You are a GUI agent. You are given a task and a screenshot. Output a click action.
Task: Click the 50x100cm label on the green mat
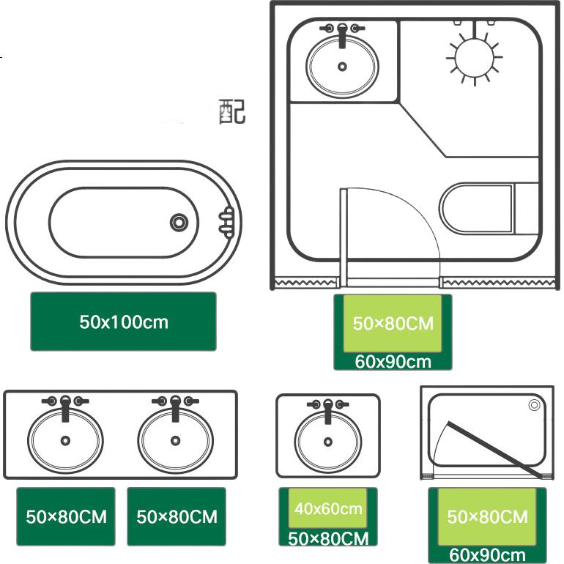tap(124, 322)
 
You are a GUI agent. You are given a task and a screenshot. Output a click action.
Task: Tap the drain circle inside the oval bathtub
tap(179, 222)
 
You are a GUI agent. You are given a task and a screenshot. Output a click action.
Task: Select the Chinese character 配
tap(232, 111)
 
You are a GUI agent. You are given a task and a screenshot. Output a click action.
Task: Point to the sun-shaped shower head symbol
tap(475, 58)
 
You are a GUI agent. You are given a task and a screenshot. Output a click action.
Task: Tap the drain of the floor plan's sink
tap(343, 67)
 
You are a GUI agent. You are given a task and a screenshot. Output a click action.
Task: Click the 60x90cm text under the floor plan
tap(393, 362)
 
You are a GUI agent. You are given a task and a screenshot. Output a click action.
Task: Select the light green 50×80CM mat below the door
tap(393, 323)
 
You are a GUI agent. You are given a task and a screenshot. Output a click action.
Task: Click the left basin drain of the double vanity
tap(65, 441)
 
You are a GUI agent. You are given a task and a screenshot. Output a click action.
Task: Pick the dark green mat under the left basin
tap(66, 516)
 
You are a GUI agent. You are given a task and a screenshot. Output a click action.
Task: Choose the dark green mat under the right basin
tap(177, 516)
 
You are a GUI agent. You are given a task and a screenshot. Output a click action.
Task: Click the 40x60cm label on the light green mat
tap(328, 508)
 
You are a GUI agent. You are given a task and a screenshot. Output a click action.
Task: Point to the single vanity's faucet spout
tap(328, 412)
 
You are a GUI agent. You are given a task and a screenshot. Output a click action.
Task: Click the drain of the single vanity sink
tap(328, 442)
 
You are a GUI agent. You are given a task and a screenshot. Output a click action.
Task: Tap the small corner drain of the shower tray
tap(534, 405)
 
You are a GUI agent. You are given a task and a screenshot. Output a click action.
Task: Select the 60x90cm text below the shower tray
tap(487, 555)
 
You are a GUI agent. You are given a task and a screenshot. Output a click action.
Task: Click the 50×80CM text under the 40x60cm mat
tap(328, 538)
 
